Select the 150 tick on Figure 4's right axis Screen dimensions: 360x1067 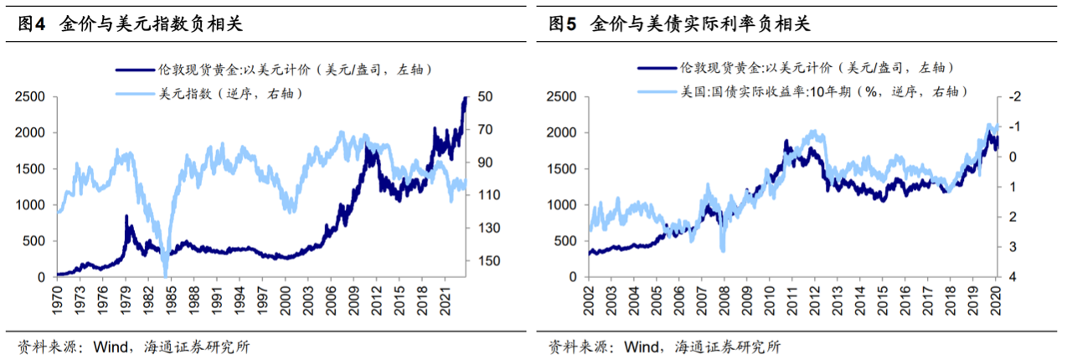pos(489,261)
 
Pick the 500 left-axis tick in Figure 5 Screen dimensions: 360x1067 pos(567,241)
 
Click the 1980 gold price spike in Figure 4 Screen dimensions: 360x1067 pos(126,217)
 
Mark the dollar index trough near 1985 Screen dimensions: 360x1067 pos(165,273)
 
